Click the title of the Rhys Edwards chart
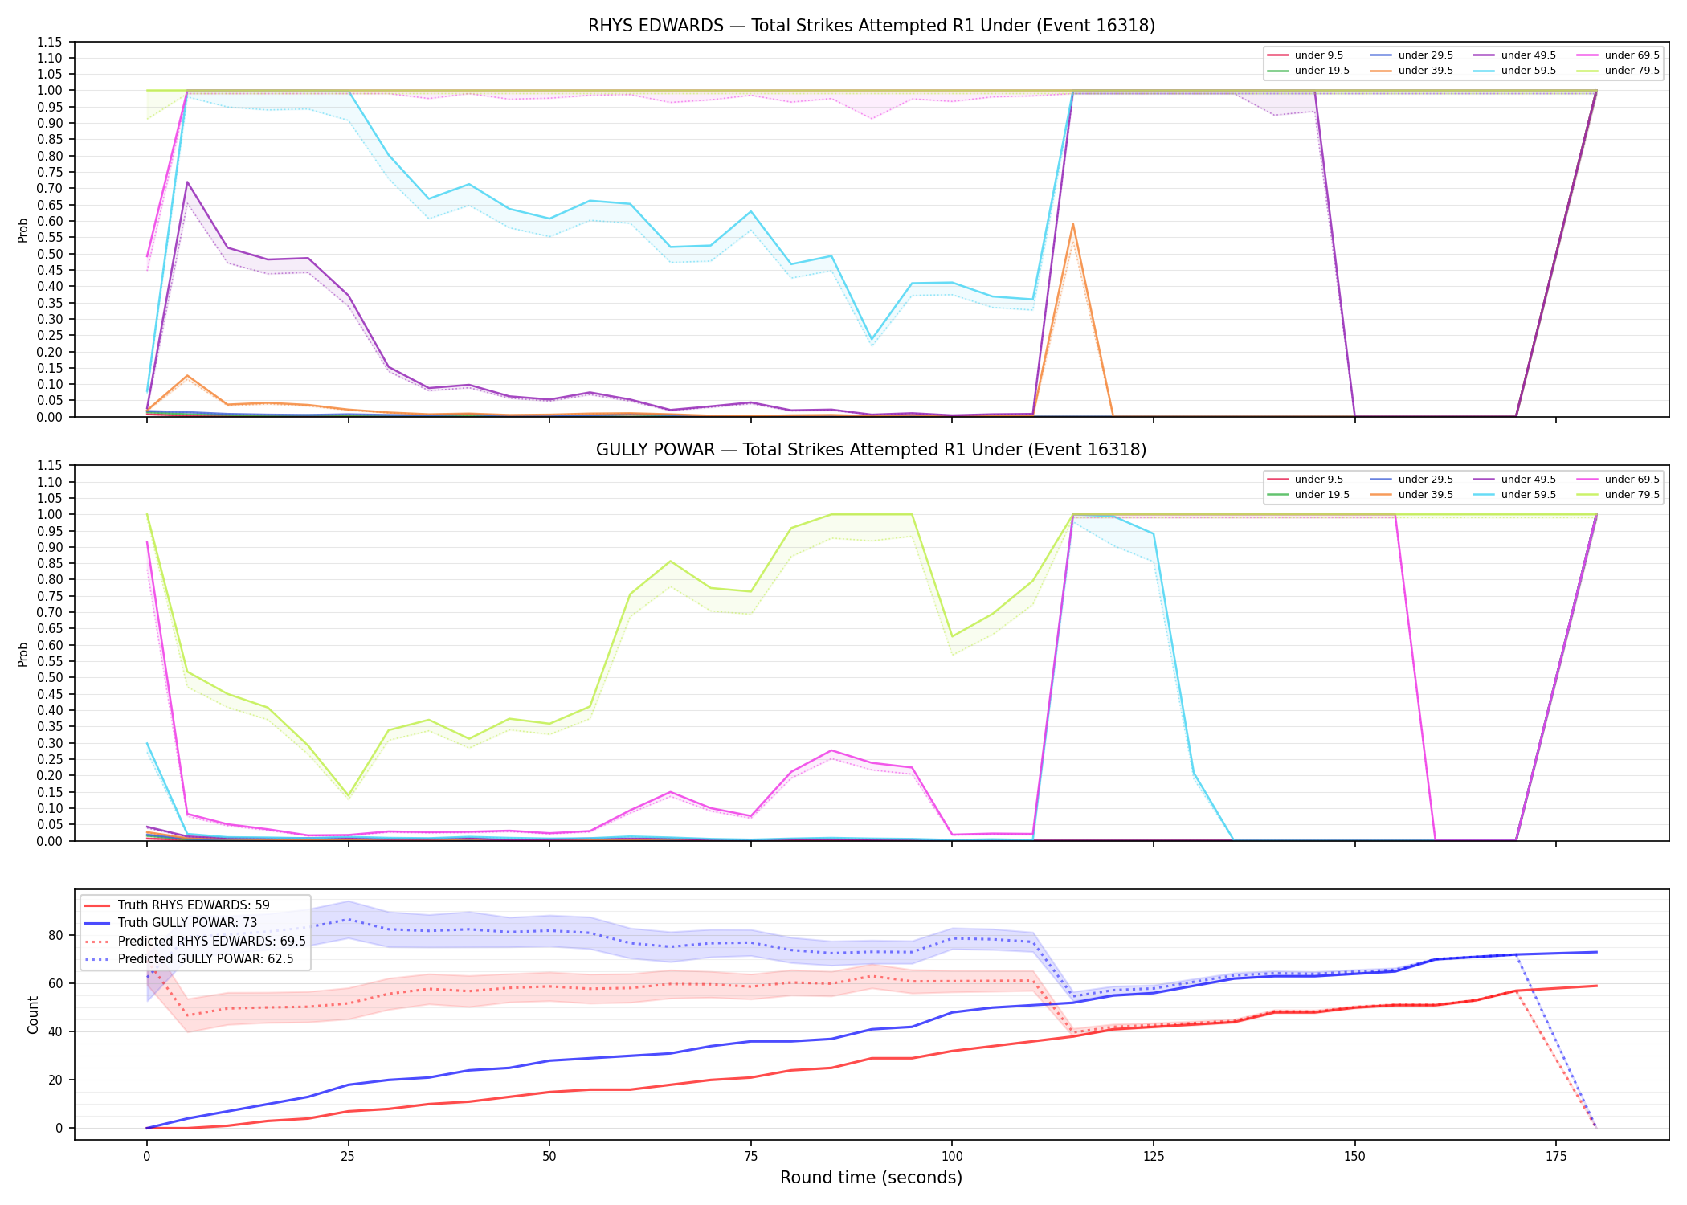click(872, 26)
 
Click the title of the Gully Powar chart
click(872, 450)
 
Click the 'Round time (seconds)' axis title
click(871, 1178)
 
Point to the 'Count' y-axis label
click(33, 1015)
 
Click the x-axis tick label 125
click(1153, 1157)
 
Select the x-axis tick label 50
click(549, 1157)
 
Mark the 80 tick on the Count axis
click(55, 935)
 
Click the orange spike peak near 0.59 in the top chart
click(1072, 224)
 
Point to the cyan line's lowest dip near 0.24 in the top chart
click(872, 340)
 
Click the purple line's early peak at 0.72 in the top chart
click(187, 182)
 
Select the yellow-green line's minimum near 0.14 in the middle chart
click(348, 795)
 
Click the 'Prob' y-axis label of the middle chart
click(23, 654)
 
